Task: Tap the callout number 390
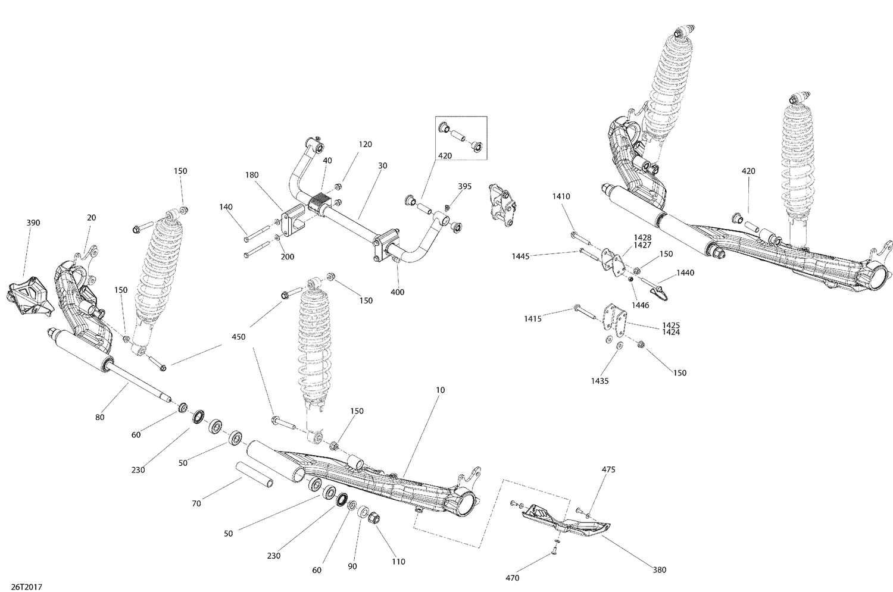33,223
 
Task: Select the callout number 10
440,390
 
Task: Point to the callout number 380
659,570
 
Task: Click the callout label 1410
561,196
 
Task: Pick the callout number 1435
600,381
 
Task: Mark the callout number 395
464,186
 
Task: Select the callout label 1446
641,305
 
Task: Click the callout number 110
398,561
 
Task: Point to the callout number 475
608,469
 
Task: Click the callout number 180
252,175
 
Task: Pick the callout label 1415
533,319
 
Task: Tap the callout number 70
196,503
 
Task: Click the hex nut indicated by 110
375,517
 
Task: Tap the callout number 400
397,292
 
